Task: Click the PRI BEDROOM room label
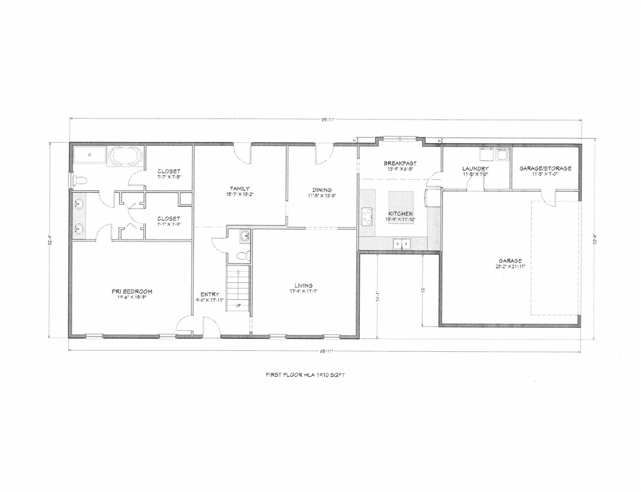click(132, 291)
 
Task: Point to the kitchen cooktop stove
click(367, 216)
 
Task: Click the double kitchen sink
click(402, 245)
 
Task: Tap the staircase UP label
click(238, 305)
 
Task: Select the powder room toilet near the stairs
click(243, 256)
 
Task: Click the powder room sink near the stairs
click(246, 236)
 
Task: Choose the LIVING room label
click(304, 285)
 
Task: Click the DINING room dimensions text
click(322, 196)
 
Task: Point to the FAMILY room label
click(240, 189)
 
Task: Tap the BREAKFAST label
click(400, 163)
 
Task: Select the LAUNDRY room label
click(475, 168)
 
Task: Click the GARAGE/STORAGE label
click(545, 168)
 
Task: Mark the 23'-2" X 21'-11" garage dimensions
click(510, 266)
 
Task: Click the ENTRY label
click(210, 294)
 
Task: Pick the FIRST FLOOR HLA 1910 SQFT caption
click(305, 375)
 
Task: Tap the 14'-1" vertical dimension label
click(378, 298)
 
